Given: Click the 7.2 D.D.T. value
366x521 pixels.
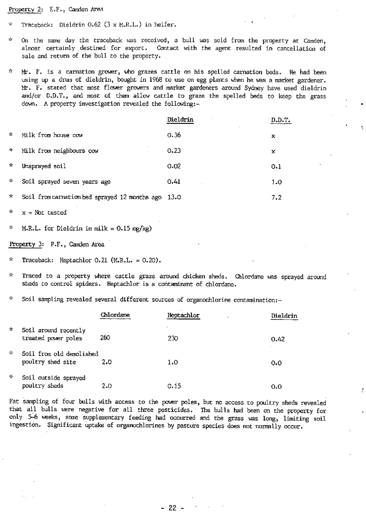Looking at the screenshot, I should coord(277,197).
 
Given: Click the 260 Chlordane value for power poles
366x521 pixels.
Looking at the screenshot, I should coord(105,338).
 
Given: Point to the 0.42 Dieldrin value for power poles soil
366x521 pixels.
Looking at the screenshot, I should coord(278,339).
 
